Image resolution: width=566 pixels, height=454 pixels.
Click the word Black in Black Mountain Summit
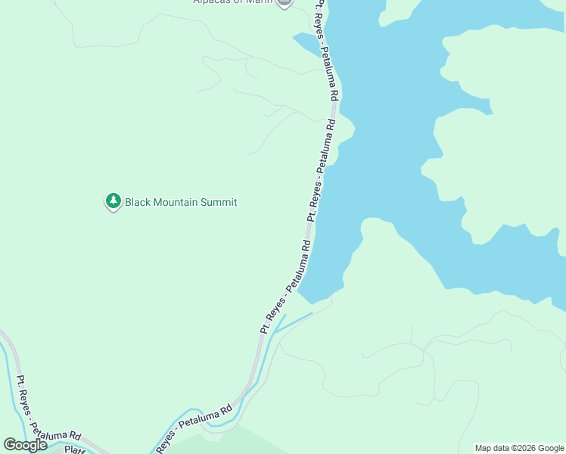(x=138, y=202)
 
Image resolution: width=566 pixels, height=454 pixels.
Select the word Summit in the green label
(x=219, y=202)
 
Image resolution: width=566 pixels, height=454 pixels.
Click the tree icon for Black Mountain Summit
(x=114, y=201)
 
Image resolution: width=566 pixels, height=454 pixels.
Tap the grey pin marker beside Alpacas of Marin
(x=285, y=2)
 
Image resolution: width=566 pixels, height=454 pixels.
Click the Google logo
(x=26, y=445)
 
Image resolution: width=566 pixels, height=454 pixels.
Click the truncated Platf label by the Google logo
(x=74, y=449)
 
